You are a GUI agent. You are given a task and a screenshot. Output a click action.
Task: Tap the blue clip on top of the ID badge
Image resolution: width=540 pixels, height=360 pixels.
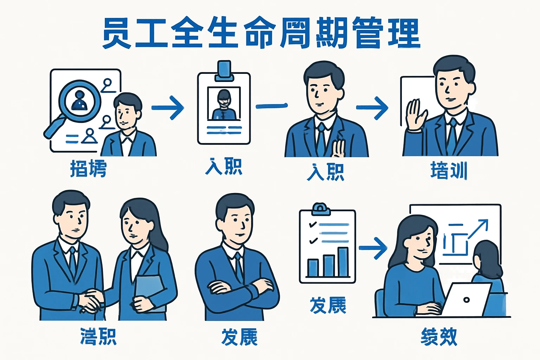pyautogui.click(x=224, y=69)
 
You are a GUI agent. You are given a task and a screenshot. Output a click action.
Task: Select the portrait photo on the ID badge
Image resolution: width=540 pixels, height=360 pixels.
pyautogui.click(x=224, y=104)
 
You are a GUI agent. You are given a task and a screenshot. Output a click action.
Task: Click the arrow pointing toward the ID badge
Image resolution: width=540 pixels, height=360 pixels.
pyautogui.click(x=168, y=107)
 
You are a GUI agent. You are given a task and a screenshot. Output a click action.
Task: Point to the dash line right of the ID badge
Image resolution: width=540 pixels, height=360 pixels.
pyautogui.click(x=271, y=106)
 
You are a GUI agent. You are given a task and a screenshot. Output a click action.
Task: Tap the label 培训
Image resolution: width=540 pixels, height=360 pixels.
pyautogui.click(x=449, y=171)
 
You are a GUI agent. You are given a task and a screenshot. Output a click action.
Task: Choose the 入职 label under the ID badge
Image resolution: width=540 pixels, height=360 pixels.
pyautogui.click(x=224, y=167)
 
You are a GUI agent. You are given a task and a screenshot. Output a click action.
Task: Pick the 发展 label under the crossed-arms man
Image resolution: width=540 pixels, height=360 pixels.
pyautogui.click(x=239, y=337)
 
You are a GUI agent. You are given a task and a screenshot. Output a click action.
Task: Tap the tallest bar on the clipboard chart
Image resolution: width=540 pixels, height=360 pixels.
pyautogui.click(x=343, y=262)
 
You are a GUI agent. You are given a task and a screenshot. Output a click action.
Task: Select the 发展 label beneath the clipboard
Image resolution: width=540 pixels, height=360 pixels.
pyautogui.click(x=328, y=305)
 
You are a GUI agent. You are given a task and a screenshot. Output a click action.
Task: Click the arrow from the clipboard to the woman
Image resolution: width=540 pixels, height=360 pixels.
pyautogui.click(x=373, y=248)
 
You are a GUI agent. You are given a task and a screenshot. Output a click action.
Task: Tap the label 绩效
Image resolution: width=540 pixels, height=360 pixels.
pyautogui.click(x=439, y=337)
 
